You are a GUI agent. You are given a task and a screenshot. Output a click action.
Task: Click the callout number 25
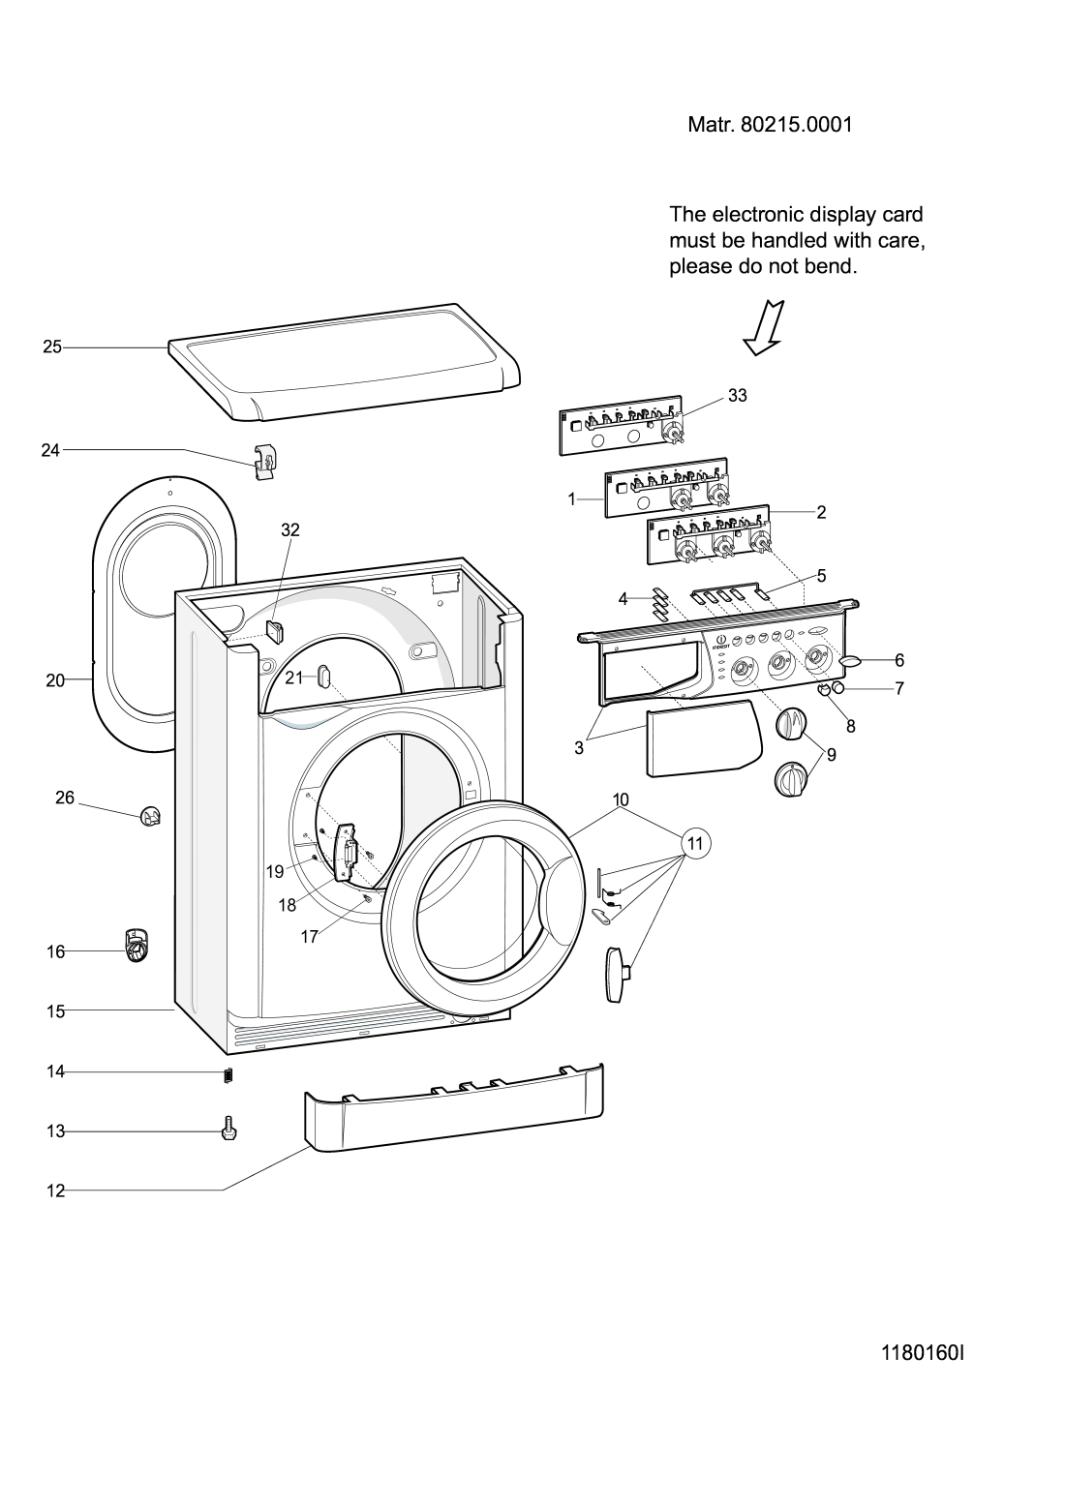(x=52, y=347)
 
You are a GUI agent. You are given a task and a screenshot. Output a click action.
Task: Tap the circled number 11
(x=696, y=843)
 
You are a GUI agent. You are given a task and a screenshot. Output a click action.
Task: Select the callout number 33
(x=738, y=396)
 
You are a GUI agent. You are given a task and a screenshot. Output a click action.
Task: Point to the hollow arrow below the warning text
(x=764, y=328)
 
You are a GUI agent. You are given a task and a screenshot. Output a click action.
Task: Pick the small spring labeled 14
(x=228, y=1075)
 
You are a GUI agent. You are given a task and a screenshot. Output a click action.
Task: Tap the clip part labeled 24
(x=266, y=462)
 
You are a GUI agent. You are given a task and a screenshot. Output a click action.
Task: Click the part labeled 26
(x=150, y=818)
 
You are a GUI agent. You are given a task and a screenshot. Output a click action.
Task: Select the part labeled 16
(x=137, y=946)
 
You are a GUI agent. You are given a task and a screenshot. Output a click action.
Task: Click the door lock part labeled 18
(x=347, y=851)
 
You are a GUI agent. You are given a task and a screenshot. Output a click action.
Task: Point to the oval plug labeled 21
(x=323, y=675)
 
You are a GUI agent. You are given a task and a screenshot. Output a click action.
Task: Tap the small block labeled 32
(x=276, y=631)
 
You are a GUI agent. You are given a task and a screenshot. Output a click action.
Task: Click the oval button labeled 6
(x=851, y=661)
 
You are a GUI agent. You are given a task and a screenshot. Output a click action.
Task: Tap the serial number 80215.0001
(x=796, y=125)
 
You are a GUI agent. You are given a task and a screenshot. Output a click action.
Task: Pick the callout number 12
(x=55, y=1191)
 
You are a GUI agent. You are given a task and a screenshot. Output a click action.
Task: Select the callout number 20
(x=55, y=680)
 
